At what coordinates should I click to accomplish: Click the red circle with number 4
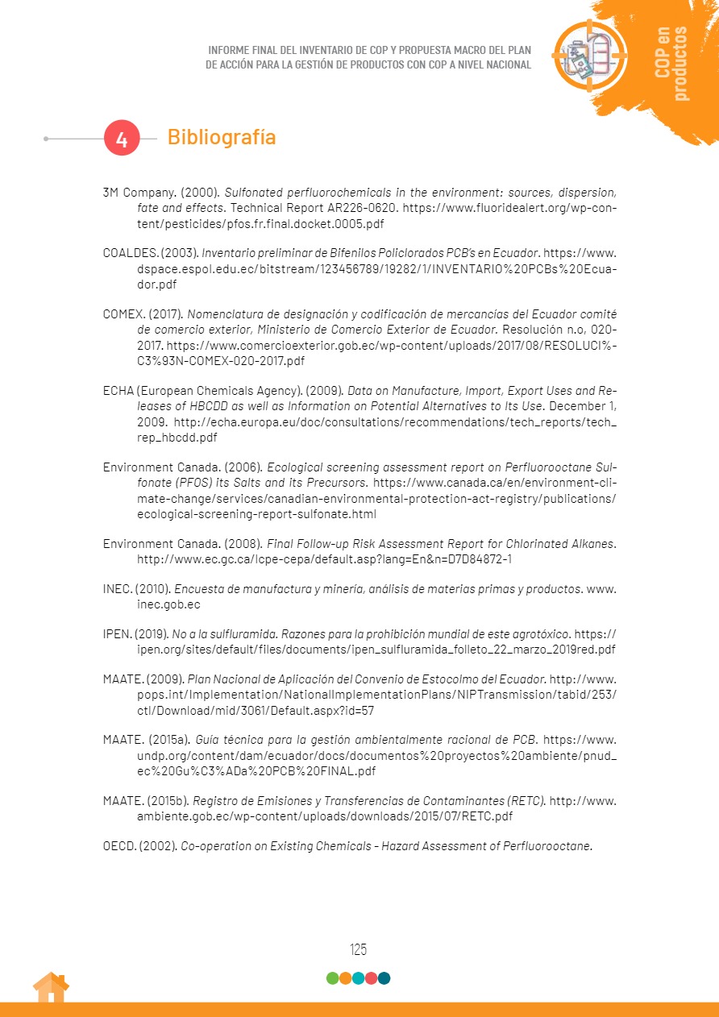tap(122, 139)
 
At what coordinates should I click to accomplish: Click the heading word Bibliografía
tap(221, 137)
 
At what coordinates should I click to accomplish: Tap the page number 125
tap(359, 949)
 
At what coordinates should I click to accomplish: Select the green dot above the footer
tap(332, 978)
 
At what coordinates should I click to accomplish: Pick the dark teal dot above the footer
tap(384, 978)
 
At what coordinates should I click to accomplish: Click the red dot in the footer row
tap(372, 978)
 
